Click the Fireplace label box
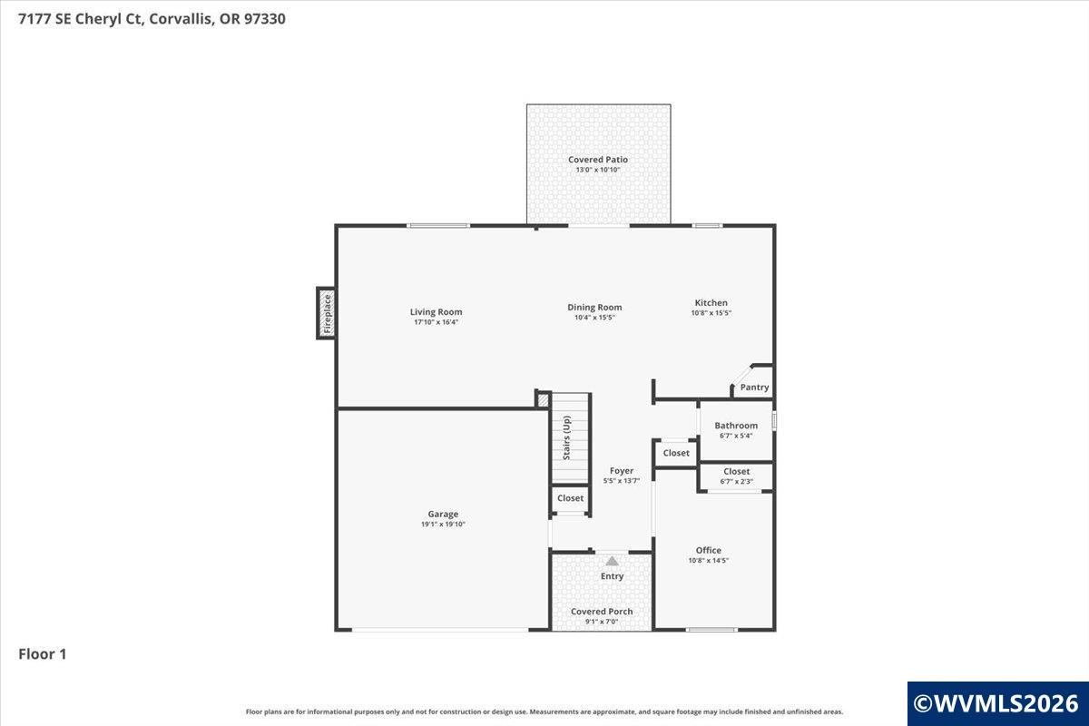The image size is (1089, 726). pos(327,313)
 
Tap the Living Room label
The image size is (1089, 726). pos(437,312)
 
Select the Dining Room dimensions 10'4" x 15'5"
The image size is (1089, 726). pos(594,318)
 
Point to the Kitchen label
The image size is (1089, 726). pos(711,302)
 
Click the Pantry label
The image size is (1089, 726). pos(754,388)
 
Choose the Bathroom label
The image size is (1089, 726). pos(736,426)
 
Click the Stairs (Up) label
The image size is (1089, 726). pos(567,437)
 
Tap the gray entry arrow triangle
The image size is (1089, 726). pos(612,561)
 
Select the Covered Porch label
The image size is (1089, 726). pos(602,612)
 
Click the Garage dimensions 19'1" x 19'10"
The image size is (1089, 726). pos(443,525)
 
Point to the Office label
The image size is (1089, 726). pos(709,550)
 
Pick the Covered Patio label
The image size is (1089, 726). pos(598,160)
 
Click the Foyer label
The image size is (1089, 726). pos(622,471)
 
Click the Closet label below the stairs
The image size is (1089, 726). pos(570,498)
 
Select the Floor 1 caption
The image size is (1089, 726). pos(43,654)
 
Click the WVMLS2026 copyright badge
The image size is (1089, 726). pos(998,703)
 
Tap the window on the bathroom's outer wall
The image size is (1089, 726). pos(774,421)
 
